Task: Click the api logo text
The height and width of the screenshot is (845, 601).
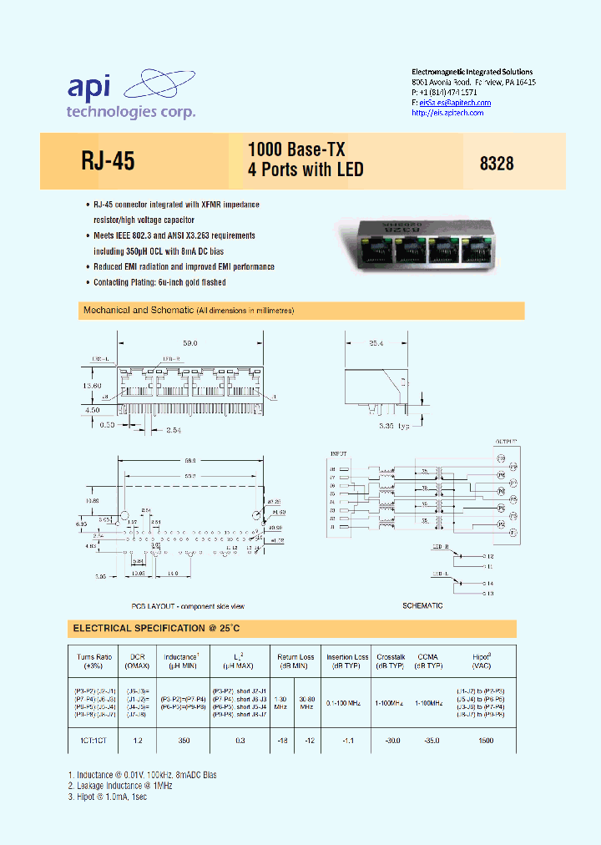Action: (x=94, y=88)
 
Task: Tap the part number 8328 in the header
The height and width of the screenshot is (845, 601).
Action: (x=497, y=164)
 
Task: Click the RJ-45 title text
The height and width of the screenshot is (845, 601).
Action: (x=108, y=161)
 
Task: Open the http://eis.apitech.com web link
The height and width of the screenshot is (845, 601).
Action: (x=448, y=113)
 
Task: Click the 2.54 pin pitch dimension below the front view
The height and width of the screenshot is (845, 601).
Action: (x=174, y=429)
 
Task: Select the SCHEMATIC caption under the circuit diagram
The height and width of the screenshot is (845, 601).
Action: (x=422, y=605)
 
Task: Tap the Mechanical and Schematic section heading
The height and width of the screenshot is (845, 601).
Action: (x=139, y=311)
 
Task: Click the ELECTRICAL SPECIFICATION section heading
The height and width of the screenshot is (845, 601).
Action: (x=157, y=628)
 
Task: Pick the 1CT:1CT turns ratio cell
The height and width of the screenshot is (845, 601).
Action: (x=94, y=741)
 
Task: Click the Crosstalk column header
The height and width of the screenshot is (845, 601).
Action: (x=390, y=657)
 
